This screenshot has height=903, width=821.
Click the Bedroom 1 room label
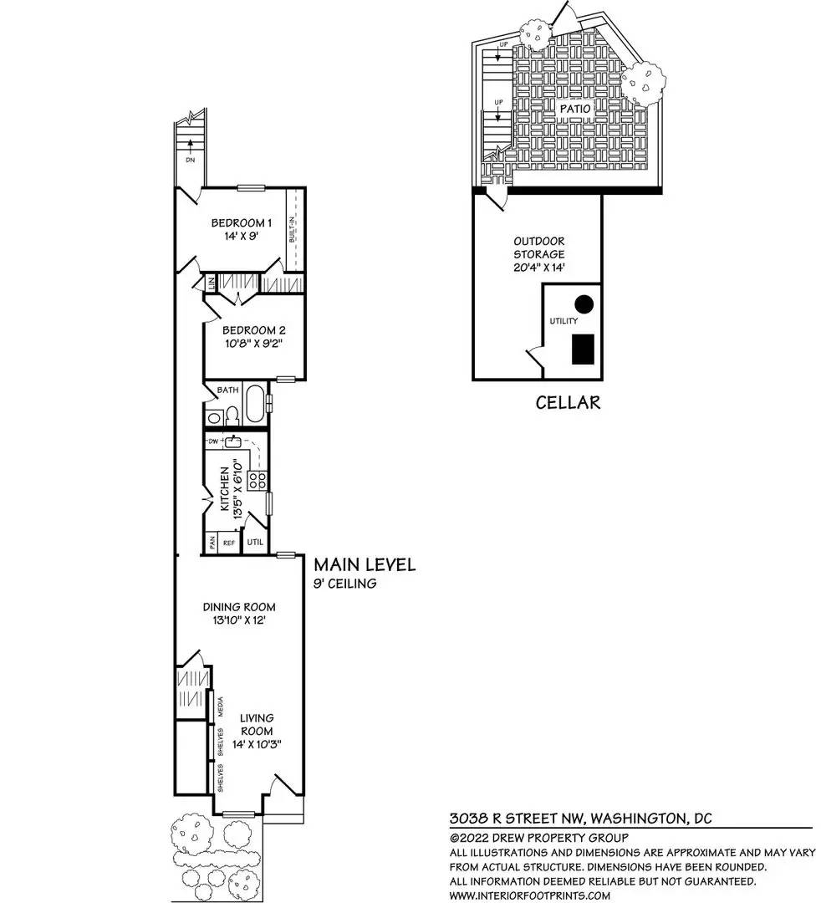tap(241, 222)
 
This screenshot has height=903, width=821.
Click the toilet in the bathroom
tap(231, 416)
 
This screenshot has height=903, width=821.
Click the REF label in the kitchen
tap(228, 543)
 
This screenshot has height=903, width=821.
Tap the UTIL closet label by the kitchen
tap(255, 543)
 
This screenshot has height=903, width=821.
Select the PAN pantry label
tap(212, 543)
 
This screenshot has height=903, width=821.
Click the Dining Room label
tap(239, 606)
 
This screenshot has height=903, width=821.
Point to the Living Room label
tap(257, 724)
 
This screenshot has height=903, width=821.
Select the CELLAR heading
tap(568, 402)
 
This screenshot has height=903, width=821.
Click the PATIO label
tap(574, 109)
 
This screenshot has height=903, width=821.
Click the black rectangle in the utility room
tap(584, 349)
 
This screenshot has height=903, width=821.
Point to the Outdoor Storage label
tap(538, 247)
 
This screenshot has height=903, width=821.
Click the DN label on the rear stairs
tap(191, 159)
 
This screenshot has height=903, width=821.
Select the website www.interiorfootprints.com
tap(529, 895)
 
